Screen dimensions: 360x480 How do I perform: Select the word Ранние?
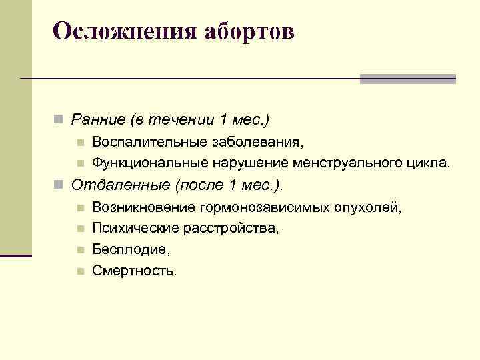click(x=97, y=120)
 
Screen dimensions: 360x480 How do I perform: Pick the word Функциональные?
click(x=151, y=162)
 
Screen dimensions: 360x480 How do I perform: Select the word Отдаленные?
click(x=118, y=184)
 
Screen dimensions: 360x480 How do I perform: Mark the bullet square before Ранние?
click(x=59, y=121)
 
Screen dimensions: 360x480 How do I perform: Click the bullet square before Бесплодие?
click(x=79, y=250)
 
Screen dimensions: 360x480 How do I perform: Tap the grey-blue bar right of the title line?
click(x=407, y=79)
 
